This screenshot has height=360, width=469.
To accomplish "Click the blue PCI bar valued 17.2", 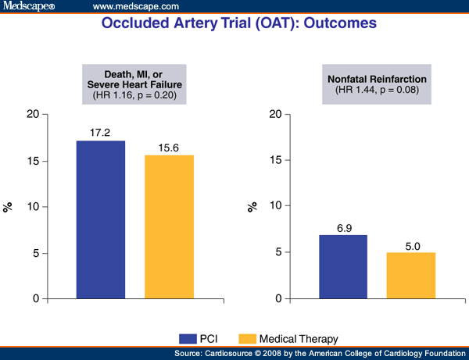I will (x=100, y=219).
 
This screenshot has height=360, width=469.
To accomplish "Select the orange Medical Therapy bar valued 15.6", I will (x=169, y=226).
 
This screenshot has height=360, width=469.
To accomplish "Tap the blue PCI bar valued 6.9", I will (x=343, y=266).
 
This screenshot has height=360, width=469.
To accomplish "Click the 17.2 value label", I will (x=100, y=132).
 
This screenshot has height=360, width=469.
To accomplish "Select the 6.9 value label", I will (x=343, y=226).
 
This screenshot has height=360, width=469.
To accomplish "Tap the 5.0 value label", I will (x=412, y=244).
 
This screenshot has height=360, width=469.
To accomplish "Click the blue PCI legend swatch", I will (x=188, y=338).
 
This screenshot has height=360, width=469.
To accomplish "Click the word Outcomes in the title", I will (x=338, y=24).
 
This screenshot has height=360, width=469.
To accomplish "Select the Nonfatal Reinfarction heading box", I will (x=378, y=84).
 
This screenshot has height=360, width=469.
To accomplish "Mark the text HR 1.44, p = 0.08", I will (x=378, y=90).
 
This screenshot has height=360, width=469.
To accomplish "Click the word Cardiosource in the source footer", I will (x=260, y=354).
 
